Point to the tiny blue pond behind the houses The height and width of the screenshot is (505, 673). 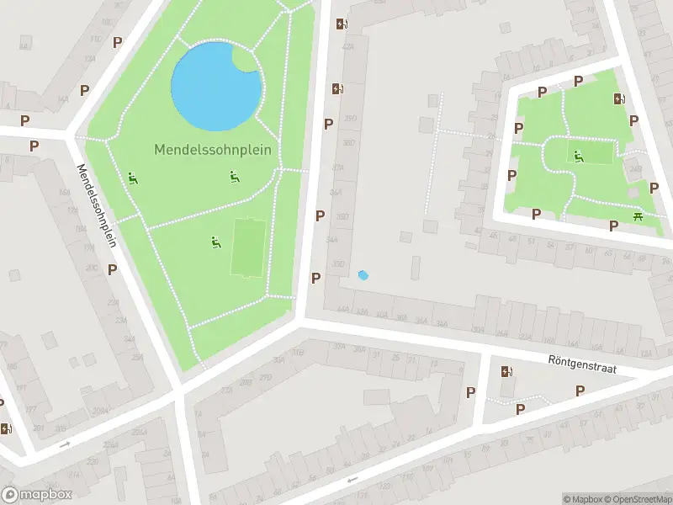(x=363, y=274)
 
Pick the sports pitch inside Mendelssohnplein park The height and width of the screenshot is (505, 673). (x=246, y=247)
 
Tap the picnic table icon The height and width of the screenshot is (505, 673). (x=639, y=218)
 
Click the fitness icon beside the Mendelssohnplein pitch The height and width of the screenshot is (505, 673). (x=216, y=242)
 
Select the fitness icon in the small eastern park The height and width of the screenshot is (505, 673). (x=578, y=156)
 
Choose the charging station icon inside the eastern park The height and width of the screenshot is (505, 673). (x=620, y=99)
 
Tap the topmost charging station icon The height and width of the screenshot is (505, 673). (x=341, y=24)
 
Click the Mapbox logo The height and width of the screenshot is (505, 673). (x=35, y=495)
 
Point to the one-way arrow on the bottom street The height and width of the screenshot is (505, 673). (x=352, y=480)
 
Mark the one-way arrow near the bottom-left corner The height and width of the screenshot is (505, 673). (x=65, y=444)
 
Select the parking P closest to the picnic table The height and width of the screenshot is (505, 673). (x=614, y=226)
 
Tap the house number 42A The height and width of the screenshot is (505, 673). (x=348, y=49)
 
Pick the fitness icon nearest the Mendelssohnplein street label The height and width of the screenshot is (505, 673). (x=133, y=178)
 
